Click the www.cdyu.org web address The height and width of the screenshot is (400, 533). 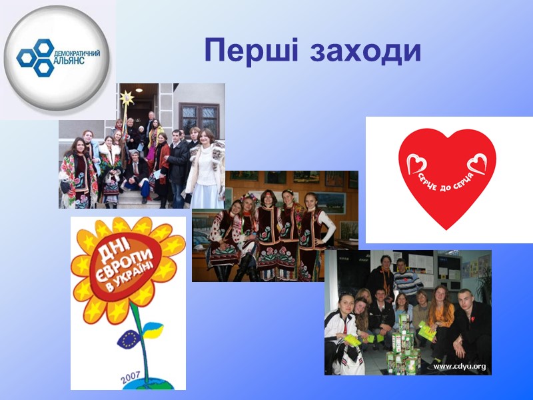460,366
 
